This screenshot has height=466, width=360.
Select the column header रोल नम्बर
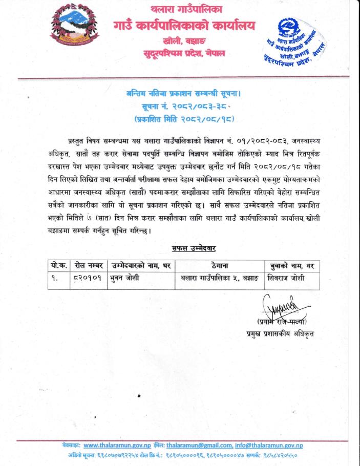(89, 266)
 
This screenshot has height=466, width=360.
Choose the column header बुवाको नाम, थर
(291, 266)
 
